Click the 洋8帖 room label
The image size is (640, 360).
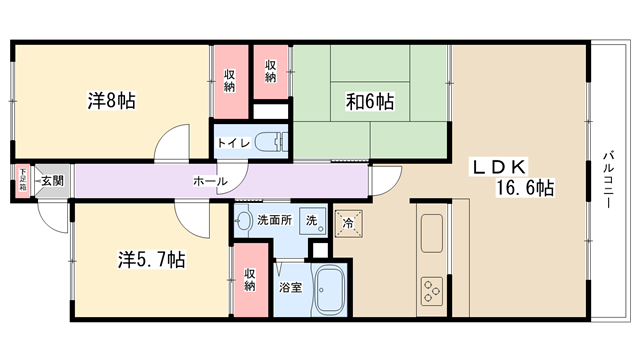(x=111, y=100)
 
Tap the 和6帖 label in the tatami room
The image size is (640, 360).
(x=370, y=101)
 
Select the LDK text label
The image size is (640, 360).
(x=500, y=167)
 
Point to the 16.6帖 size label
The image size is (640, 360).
(x=525, y=188)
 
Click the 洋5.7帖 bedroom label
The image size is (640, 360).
(x=152, y=259)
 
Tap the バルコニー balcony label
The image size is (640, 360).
(x=609, y=180)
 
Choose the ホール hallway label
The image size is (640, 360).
(x=210, y=181)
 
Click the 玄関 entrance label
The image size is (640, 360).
(x=53, y=180)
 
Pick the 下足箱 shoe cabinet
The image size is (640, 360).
(x=23, y=180)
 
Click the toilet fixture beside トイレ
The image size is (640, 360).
(x=271, y=142)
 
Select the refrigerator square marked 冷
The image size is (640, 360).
(x=348, y=223)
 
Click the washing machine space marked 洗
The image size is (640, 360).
(x=313, y=221)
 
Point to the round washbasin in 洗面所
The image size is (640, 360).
(x=244, y=221)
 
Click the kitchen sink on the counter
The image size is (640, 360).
(x=432, y=233)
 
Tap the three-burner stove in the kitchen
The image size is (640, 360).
(x=432, y=291)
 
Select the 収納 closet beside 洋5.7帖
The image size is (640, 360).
(x=250, y=280)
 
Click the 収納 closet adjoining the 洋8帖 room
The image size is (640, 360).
(x=229, y=82)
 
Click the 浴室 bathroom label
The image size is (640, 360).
(x=291, y=287)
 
